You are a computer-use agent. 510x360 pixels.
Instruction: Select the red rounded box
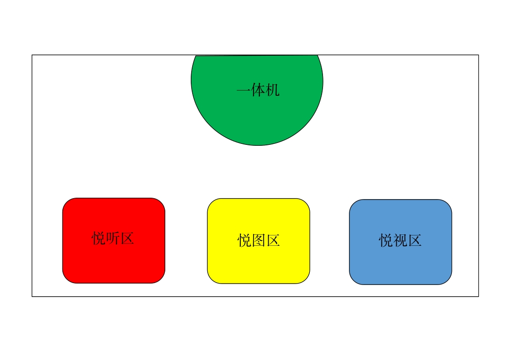[x=114, y=241]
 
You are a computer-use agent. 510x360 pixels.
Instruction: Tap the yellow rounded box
[x=259, y=241]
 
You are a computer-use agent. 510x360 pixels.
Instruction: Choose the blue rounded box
[x=400, y=242]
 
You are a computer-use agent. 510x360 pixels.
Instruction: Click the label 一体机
[x=258, y=90]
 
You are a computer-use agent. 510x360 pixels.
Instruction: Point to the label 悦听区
[x=113, y=238]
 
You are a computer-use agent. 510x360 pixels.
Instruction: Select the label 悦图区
[x=259, y=241]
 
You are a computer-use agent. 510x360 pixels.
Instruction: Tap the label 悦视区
[x=400, y=241]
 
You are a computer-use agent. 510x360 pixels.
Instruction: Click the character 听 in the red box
[x=113, y=238]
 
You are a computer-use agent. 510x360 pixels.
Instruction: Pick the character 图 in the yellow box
[x=259, y=241]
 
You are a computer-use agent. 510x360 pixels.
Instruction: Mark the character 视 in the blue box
[x=400, y=241]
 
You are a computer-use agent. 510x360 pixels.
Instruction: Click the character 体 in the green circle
[x=258, y=90]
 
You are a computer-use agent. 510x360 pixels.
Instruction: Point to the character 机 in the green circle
[x=272, y=90]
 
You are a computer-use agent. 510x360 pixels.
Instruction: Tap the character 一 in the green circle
[x=244, y=90]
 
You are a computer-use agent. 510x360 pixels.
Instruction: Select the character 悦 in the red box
[x=99, y=238]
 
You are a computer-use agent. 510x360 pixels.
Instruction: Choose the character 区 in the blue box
[x=415, y=241]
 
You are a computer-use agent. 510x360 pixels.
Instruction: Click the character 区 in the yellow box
[x=273, y=241]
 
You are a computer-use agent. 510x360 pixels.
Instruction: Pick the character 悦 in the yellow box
[x=244, y=241]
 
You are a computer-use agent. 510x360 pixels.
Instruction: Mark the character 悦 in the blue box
[x=386, y=241]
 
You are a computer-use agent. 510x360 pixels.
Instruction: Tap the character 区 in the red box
[x=127, y=238]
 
